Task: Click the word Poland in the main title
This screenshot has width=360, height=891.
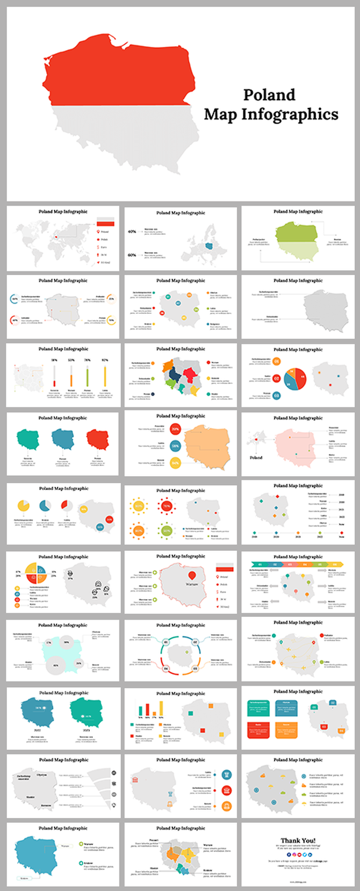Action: pos(269,95)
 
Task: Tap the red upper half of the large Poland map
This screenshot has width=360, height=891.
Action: pos(118,70)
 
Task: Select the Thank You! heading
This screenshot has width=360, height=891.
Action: pos(298,840)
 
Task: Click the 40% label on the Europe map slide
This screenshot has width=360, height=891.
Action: pos(132,232)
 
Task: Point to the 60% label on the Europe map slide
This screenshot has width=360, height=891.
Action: pos(132,255)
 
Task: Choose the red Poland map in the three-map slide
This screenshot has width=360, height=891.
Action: pos(97,440)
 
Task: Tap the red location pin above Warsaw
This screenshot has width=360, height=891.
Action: pos(192,576)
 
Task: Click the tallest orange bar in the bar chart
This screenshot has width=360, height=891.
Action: pos(147,709)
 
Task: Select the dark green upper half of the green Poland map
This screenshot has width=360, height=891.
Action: pos(297,232)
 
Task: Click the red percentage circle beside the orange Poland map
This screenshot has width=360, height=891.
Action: pos(175,429)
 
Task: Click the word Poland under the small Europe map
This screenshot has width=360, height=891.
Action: pos(256,457)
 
